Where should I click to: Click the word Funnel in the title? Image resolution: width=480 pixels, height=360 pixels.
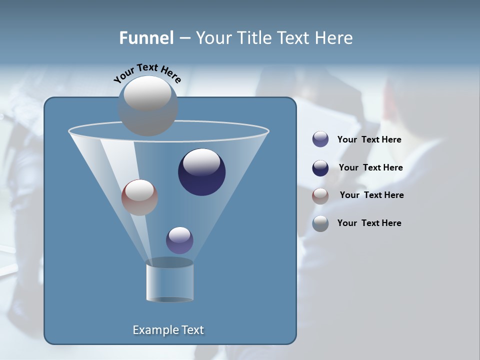(x=146, y=38)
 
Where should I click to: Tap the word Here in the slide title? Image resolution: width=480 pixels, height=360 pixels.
(x=334, y=38)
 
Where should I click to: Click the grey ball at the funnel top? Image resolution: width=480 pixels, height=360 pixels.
(x=148, y=105)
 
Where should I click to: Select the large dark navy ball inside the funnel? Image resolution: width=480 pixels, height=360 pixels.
(x=202, y=172)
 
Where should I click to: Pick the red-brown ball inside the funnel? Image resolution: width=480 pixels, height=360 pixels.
(x=139, y=197)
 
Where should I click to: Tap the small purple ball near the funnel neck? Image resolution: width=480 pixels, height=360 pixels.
(x=179, y=240)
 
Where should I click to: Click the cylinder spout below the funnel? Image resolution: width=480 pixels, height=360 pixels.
(x=169, y=282)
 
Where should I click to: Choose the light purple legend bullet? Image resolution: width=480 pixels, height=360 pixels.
(x=320, y=139)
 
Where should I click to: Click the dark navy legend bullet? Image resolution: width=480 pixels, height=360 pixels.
(x=320, y=168)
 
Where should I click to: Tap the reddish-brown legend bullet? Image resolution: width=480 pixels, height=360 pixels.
(x=320, y=196)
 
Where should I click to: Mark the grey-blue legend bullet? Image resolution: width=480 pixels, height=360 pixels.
(x=320, y=223)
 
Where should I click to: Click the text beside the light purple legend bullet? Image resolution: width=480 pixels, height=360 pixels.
(x=369, y=140)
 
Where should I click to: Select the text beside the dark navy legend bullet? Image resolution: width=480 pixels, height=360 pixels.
(x=370, y=167)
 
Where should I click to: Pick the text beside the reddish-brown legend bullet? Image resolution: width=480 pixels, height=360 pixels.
(x=371, y=195)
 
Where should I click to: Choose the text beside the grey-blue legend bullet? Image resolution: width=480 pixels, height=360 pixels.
(x=369, y=223)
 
